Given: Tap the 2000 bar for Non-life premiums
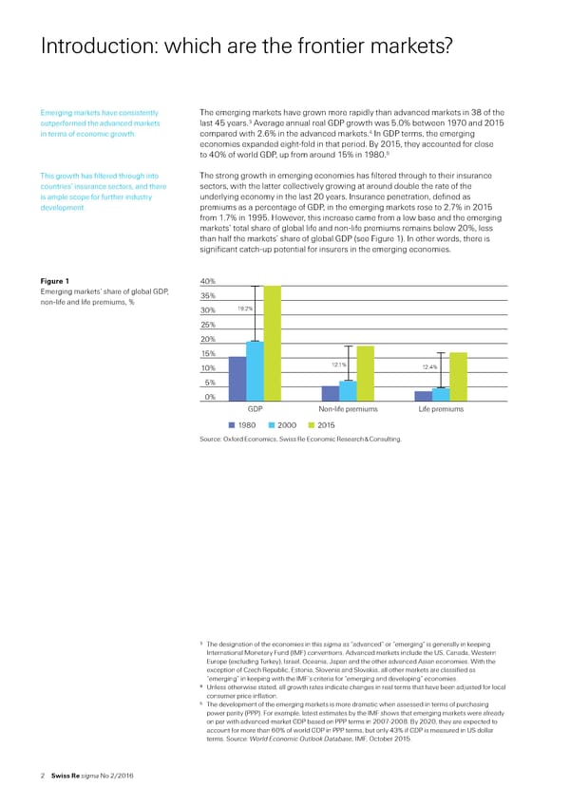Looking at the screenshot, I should tap(347, 391).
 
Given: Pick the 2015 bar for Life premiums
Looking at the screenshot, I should tap(458, 377).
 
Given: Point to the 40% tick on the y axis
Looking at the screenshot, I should tap(210, 280).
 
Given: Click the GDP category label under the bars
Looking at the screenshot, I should tap(255, 409).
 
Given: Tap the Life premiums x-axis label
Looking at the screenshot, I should tap(441, 409).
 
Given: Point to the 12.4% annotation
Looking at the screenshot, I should tap(428, 366).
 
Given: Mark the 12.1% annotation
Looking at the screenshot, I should tap(337, 365).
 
